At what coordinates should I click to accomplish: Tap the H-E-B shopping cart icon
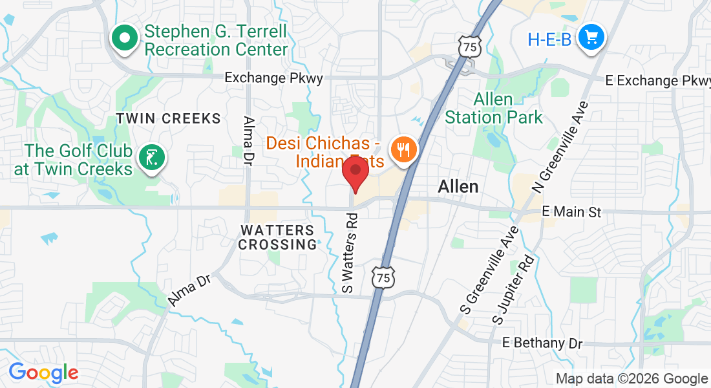591,38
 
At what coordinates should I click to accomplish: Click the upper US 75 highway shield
471,47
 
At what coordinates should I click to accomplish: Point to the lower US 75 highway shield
383,277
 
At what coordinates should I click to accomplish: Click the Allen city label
458,186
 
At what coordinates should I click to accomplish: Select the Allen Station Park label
494,109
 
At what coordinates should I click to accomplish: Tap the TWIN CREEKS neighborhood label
168,118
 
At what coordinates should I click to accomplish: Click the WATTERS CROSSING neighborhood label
277,237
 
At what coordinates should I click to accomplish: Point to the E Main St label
572,212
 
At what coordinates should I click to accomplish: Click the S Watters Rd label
350,253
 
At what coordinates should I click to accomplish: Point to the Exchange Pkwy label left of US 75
273,78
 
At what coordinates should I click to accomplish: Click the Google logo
43,372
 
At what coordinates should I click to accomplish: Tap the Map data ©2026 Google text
631,379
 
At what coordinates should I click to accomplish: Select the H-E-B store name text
549,39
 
